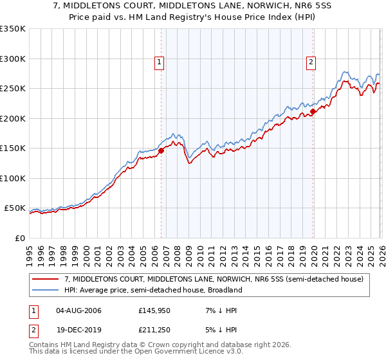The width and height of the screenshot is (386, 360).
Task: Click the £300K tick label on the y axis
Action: [x=12, y=59]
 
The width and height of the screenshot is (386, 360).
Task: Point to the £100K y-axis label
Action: [x=12, y=178]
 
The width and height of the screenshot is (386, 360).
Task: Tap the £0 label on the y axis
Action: [x=19, y=238]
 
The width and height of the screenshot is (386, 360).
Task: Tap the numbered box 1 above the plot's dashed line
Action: [x=159, y=62]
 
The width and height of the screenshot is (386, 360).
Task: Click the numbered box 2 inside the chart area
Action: [x=311, y=62]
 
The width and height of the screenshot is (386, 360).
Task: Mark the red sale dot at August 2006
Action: [x=161, y=150]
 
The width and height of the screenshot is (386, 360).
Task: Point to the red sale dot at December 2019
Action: [x=313, y=111]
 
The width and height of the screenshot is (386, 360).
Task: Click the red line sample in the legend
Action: [x=46, y=279]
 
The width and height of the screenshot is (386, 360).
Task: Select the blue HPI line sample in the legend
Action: [x=46, y=290]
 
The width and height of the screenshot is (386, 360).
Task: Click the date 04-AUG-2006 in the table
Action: [x=78, y=310]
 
